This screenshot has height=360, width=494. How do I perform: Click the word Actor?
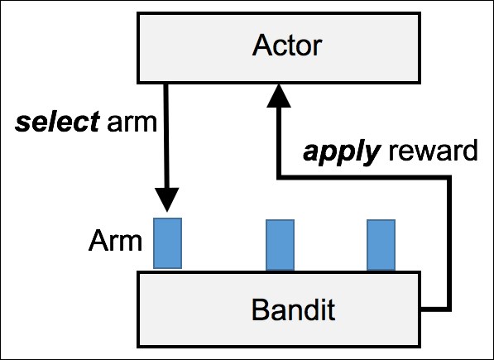point(286,45)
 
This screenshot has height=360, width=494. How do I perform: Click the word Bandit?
point(293,310)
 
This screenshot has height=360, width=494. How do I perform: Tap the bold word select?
point(57,122)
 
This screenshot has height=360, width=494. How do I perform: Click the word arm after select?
point(132,123)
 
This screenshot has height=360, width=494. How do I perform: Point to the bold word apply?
point(341,153)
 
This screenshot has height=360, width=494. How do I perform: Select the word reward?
point(434,150)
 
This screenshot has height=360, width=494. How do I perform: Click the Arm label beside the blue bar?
point(115,241)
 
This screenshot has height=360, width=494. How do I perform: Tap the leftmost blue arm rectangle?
point(167,243)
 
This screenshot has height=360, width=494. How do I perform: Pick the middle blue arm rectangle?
point(280,245)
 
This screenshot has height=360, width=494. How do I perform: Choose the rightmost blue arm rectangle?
point(381,245)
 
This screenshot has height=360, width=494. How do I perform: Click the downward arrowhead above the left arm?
point(167,200)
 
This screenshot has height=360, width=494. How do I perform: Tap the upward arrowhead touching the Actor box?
point(279,96)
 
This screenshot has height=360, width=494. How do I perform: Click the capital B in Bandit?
point(261,310)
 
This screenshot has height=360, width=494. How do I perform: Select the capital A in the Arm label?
point(99,240)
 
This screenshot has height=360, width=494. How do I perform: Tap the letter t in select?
point(95,122)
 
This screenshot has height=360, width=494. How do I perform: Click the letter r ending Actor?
point(317,48)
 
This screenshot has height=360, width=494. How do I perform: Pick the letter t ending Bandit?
point(331,310)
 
